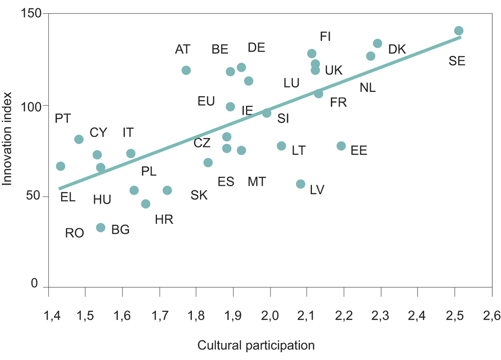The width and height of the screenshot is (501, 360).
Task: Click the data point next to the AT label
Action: tap(186, 70)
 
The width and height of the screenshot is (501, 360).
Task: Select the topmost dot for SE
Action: tap(459, 30)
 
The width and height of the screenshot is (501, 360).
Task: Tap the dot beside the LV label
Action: tap(301, 184)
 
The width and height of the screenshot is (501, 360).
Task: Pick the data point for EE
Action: tap(341, 146)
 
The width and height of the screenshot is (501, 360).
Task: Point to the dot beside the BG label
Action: tap(101, 227)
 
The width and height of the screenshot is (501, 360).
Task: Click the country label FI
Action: tap(325, 36)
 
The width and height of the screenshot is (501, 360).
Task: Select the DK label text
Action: tap(397, 49)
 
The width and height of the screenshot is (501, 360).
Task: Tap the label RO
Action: tap(75, 233)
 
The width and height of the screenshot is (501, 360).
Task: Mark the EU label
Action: tap(206, 101)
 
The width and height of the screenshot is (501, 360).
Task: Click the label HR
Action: tap(164, 220)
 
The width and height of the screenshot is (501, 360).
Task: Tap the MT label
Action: tap(257, 182)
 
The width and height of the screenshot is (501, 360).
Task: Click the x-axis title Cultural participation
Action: tap(256, 346)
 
